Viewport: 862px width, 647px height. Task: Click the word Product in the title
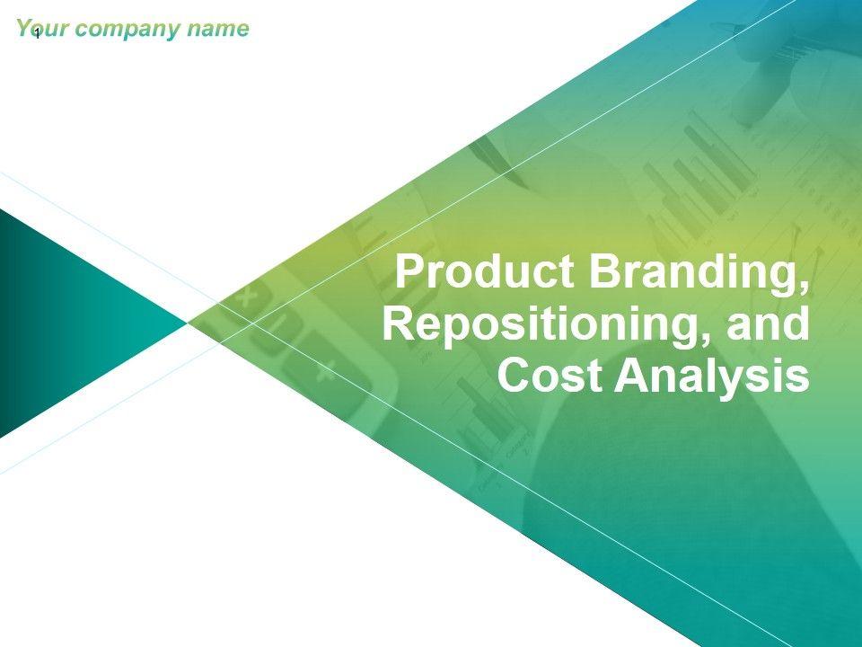point(486,270)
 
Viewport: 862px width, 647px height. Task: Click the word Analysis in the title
point(712,378)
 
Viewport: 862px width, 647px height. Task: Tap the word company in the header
point(128,30)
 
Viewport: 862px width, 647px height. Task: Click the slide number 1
point(37,35)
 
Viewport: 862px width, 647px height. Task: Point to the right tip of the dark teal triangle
point(189,323)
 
